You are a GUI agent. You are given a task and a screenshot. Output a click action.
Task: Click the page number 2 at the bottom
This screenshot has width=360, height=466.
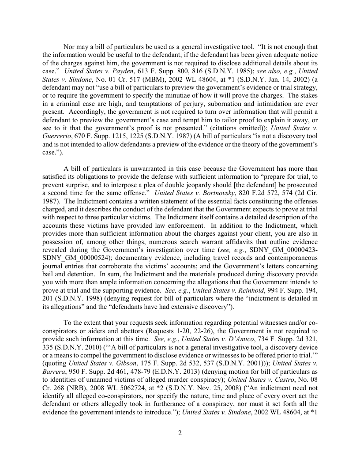180,432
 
